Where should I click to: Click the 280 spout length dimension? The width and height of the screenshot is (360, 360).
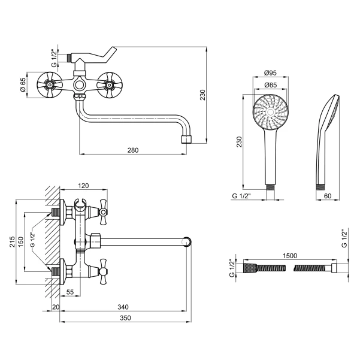pos(133,150)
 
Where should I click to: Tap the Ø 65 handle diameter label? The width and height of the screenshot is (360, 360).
pos(23,84)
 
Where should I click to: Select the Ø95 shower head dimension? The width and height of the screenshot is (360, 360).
pos(270,73)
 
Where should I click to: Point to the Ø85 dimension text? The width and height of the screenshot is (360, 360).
pos(270,85)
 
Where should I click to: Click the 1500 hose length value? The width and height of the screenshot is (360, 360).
pos(290,256)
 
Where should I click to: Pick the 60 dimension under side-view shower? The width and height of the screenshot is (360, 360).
pos(328,196)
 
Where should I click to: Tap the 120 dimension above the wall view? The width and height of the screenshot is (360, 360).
pos(83,186)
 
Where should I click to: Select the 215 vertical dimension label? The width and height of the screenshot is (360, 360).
pos(12,242)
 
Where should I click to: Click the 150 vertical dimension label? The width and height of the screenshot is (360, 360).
pos(20,242)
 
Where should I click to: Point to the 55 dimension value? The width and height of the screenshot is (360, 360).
pos(70,292)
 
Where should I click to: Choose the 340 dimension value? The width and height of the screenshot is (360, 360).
pos(123,307)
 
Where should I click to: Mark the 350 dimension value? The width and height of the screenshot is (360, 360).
pos(125,317)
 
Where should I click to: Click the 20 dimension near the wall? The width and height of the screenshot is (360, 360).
pos(56,307)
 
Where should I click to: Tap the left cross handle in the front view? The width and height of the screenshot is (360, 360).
pos(50,85)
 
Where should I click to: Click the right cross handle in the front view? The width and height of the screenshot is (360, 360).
pos(109,85)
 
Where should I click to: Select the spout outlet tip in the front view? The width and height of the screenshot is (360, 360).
pos(186,140)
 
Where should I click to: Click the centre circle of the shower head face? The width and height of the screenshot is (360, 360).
pos(271,112)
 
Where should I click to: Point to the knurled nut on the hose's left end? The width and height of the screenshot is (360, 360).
pos(250,268)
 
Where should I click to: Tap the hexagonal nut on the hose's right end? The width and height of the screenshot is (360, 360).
pos(334,268)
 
